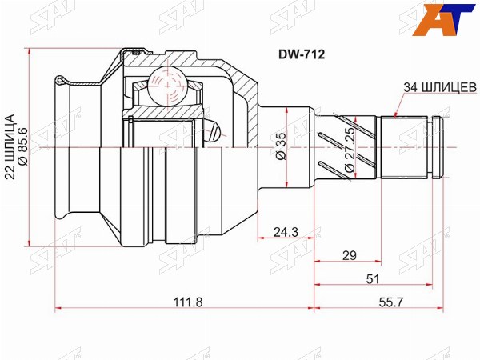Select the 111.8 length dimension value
(188, 302)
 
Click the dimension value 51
(373, 279)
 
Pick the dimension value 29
(350, 255)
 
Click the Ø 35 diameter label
(281, 146)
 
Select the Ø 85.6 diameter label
(23, 146)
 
